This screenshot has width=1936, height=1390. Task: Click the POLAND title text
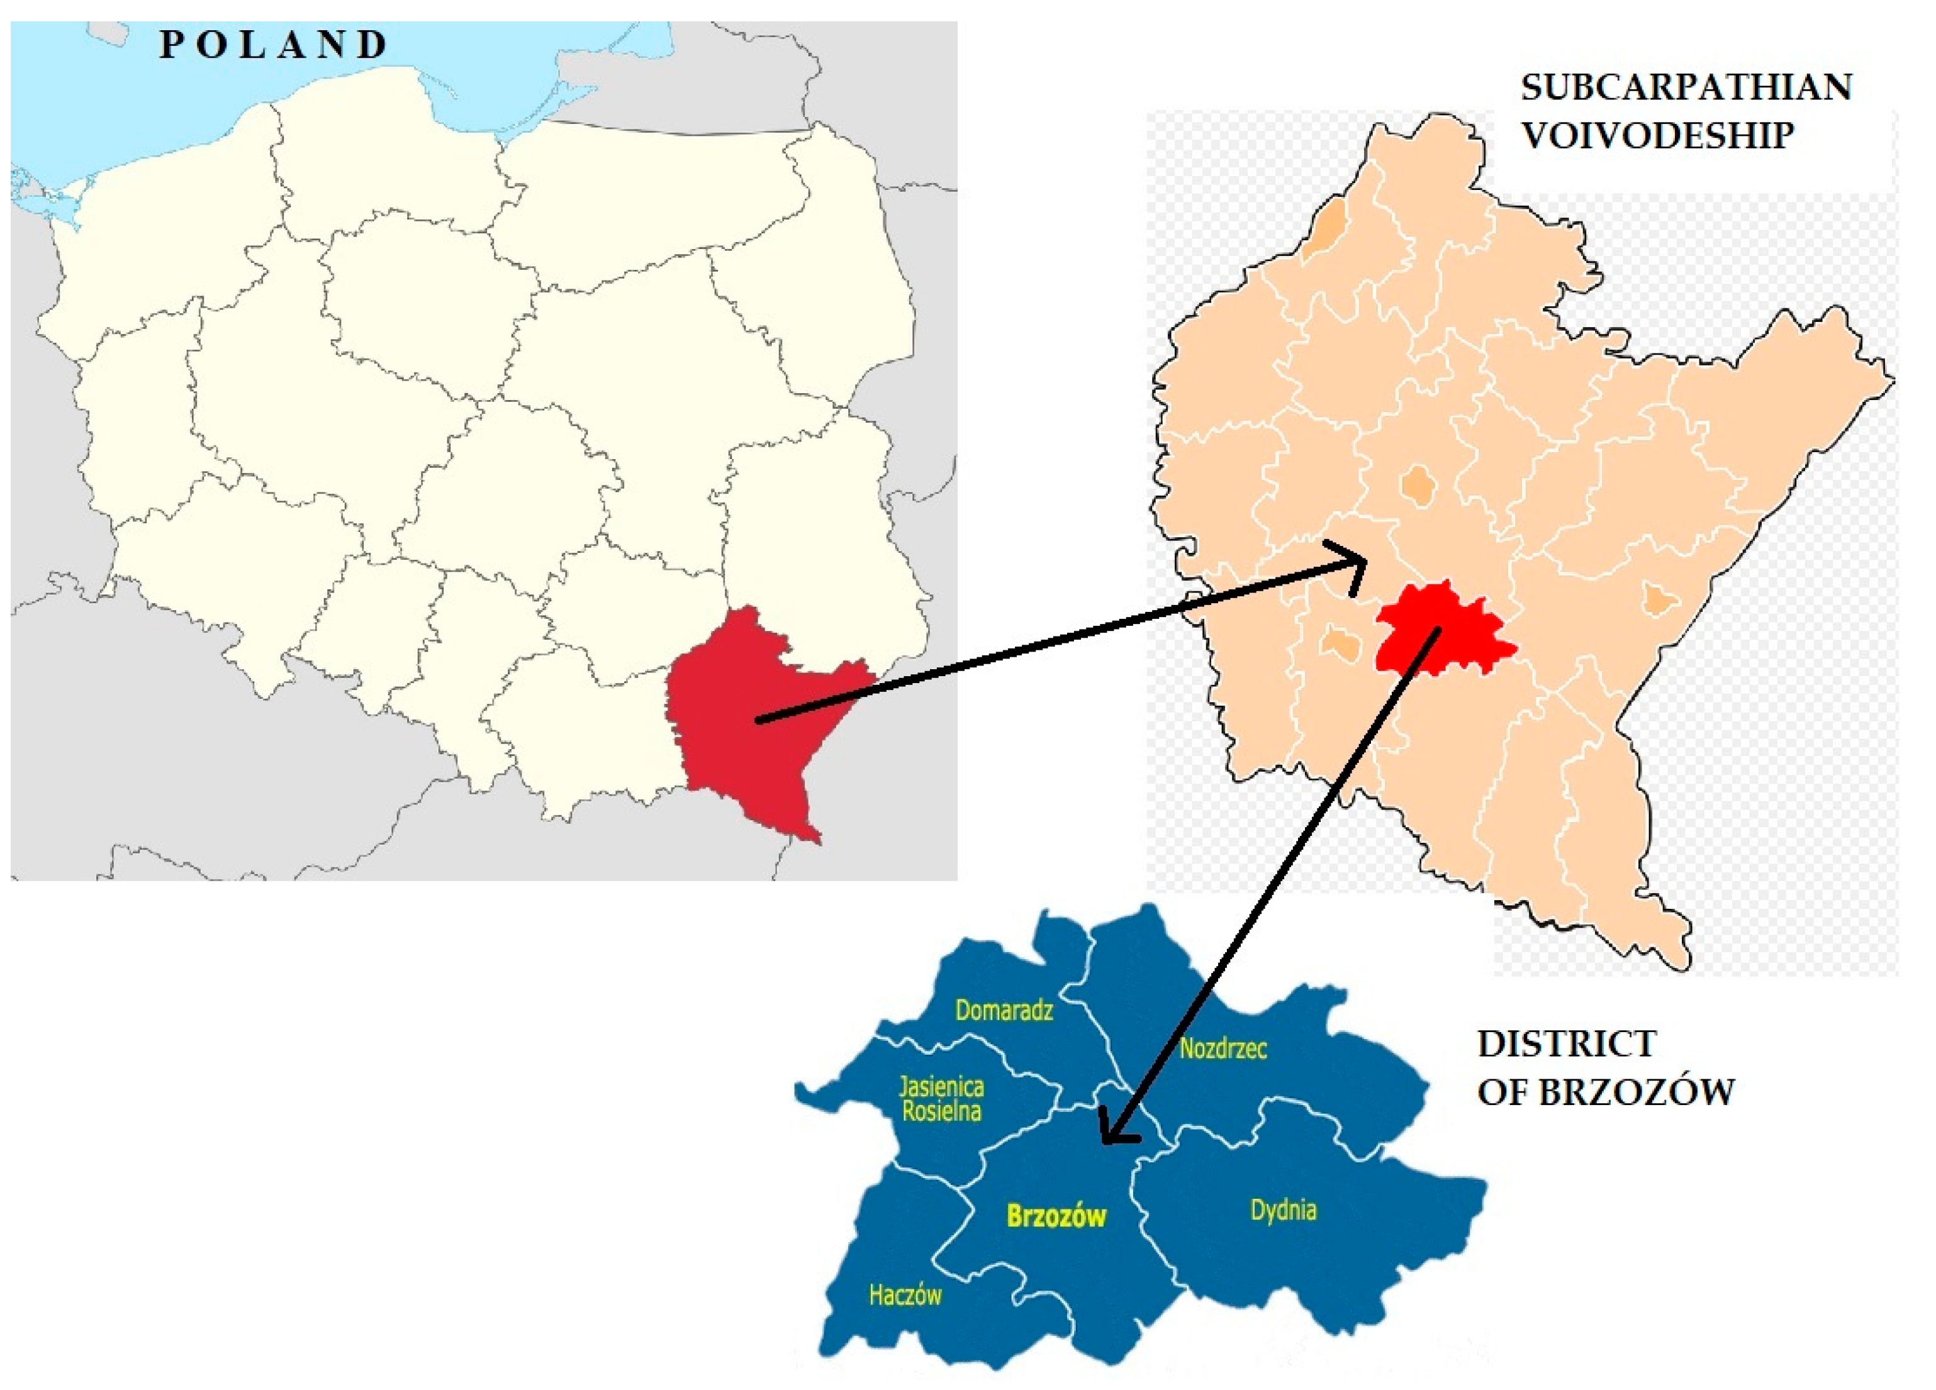pyautogui.click(x=273, y=45)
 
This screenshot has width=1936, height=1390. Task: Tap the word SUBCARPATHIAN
pyautogui.click(x=1686, y=87)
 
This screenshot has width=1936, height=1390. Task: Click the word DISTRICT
pyautogui.click(x=1567, y=1043)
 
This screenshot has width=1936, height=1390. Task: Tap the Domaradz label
pyautogui.click(x=1004, y=1011)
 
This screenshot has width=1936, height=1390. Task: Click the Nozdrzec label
pyautogui.click(x=1223, y=1048)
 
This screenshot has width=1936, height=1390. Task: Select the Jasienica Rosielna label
pyautogui.click(x=941, y=1099)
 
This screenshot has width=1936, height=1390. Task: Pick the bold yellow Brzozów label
pyautogui.click(x=1056, y=1216)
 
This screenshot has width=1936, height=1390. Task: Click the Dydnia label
pyautogui.click(x=1283, y=1210)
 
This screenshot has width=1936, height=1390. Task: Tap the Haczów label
pyautogui.click(x=905, y=1295)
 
